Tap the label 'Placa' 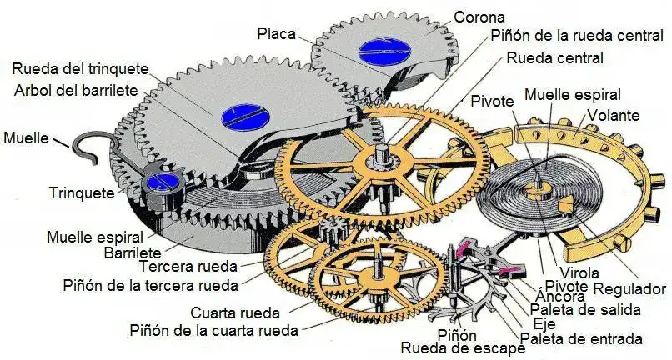tap(275, 33)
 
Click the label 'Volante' tap(614, 115)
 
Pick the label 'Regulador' tap(629, 289)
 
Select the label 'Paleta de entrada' tap(581, 338)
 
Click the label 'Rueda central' tap(555, 58)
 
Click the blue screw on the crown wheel tap(383, 50)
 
